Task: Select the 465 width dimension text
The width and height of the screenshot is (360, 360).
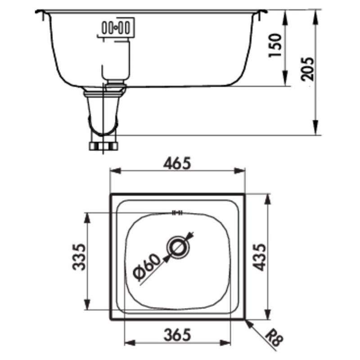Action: click(x=178, y=162)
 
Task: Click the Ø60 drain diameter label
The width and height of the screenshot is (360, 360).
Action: click(x=147, y=268)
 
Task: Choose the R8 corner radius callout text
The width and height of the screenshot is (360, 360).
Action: click(x=271, y=338)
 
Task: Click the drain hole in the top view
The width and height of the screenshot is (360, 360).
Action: click(x=178, y=246)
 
